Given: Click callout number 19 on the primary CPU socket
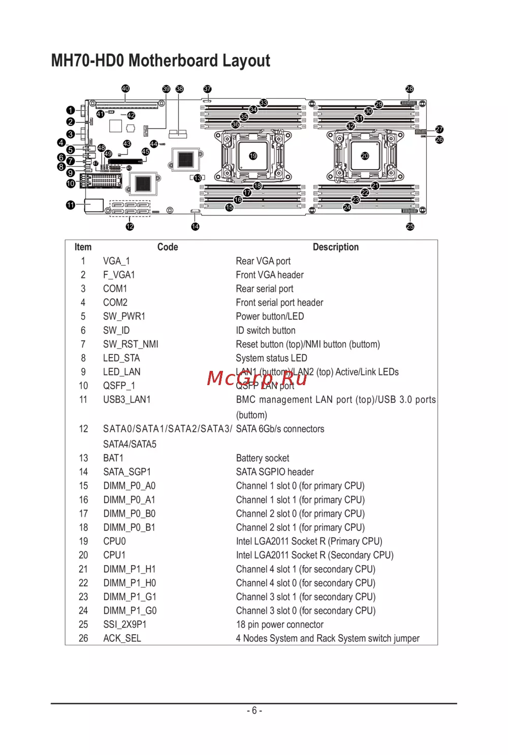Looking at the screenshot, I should pos(253,156).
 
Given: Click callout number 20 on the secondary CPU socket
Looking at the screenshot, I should pos(365,156).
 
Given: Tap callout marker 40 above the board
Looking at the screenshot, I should pos(125,88).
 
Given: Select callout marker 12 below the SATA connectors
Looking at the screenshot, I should pos(130,227).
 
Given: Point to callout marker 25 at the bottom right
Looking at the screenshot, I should pos(410,227).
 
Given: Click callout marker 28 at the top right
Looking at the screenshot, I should pos(409,89).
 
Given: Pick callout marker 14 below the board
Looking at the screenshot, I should pos(195,227).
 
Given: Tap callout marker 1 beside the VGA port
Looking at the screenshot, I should pos(71,110).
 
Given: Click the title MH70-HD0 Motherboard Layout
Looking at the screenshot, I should pos(161,60).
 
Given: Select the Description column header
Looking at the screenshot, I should pos(335,247).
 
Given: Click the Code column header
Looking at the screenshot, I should pos(168,247).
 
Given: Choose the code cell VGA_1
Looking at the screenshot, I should pos(116,261).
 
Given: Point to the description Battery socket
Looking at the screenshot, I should pos(262,458).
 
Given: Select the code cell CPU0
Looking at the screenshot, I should pos(114,542).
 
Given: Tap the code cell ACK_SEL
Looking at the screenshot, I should pos(122,639).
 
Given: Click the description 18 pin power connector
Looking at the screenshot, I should pos(279,625).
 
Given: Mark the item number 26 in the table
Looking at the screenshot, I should pos(83,639).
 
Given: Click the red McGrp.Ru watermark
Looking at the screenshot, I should pos(257,379).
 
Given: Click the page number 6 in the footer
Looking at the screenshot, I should pos(255,711).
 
